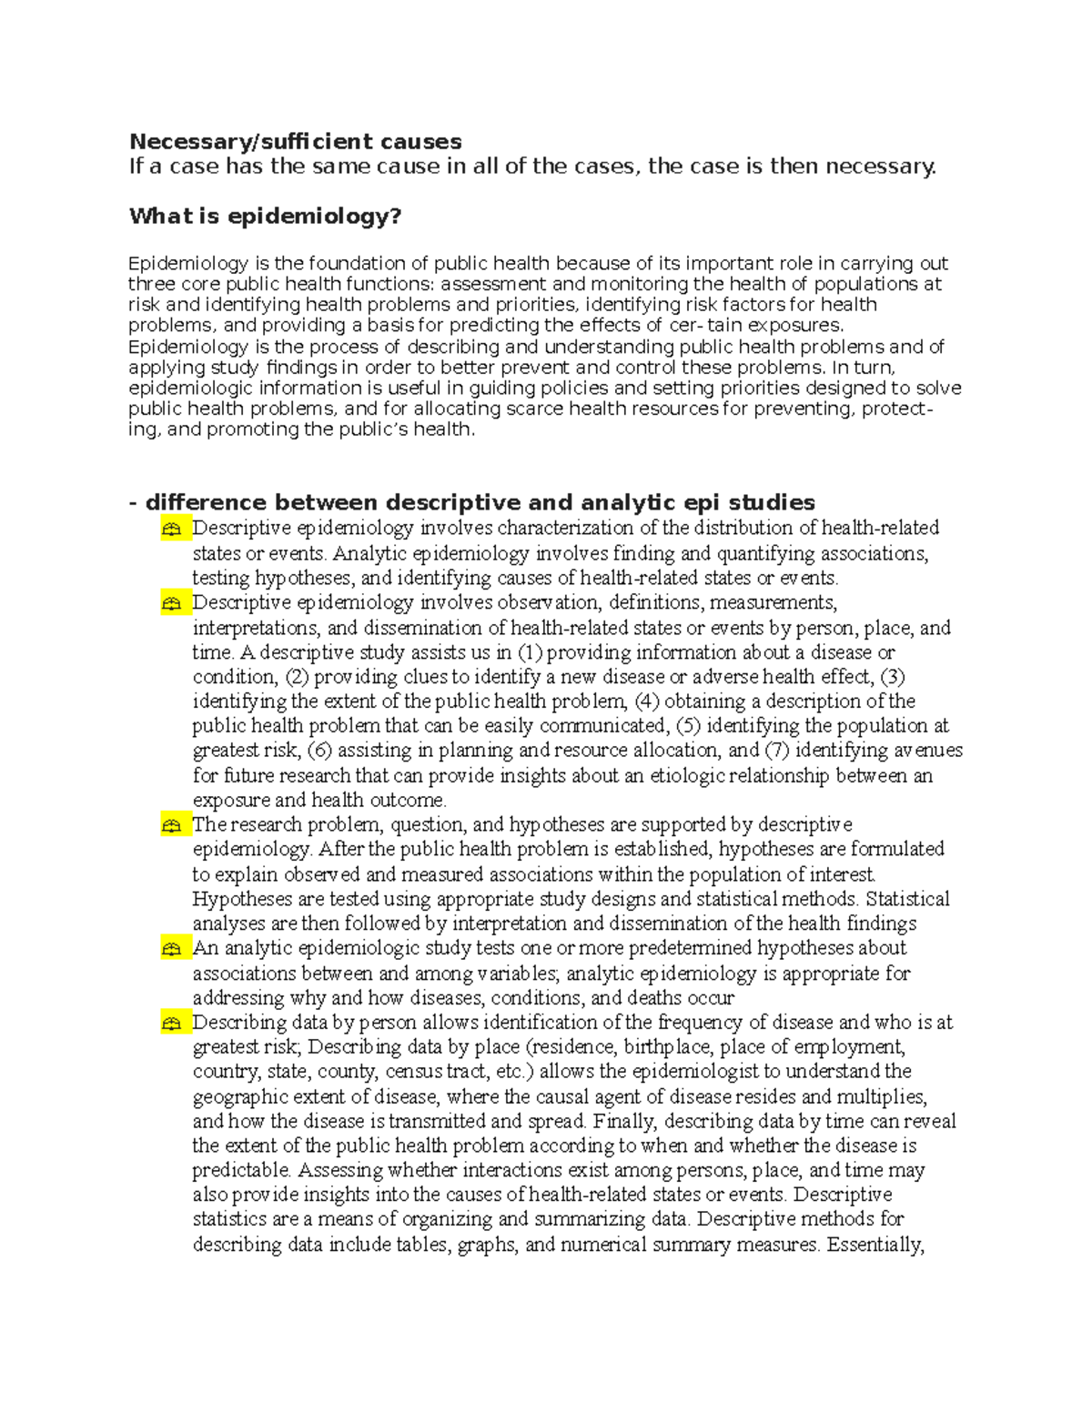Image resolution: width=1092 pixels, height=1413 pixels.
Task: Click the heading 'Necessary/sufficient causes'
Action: (x=295, y=141)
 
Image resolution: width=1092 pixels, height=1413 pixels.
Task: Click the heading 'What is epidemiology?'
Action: (x=265, y=216)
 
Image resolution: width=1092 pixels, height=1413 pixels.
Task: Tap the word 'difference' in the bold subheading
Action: (x=200, y=502)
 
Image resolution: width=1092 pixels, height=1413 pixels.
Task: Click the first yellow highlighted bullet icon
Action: (x=172, y=529)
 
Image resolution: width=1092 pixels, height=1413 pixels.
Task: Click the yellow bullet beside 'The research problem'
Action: (x=172, y=825)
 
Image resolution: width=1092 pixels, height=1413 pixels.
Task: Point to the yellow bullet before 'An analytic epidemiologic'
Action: (x=172, y=949)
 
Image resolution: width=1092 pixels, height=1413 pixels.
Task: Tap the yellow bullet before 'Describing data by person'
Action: (x=172, y=1024)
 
